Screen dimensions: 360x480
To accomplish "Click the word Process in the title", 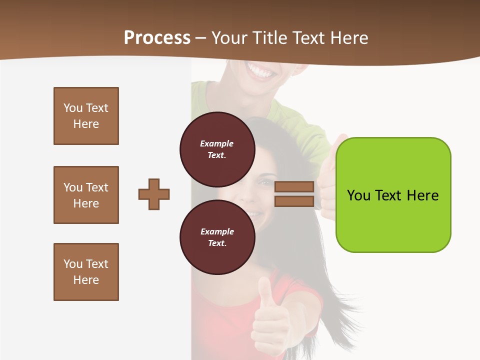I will [x=157, y=38].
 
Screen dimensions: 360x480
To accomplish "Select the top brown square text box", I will [x=86, y=116].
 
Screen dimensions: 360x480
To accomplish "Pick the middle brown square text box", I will [x=86, y=195].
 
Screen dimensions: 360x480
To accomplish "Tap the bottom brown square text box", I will [x=86, y=272].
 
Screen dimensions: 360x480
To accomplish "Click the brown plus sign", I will [x=154, y=194].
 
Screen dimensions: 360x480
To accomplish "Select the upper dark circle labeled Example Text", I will [x=217, y=149].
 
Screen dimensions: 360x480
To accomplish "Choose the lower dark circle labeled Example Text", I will [x=217, y=237].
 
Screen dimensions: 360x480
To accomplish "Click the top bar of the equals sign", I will [x=294, y=186].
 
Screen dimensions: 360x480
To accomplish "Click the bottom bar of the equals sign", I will [x=294, y=201].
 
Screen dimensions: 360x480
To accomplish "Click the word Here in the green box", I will [x=422, y=195].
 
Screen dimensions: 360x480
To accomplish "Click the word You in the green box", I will [x=358, y=195].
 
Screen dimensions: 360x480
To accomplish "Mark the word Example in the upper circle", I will [x=217, y=143].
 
